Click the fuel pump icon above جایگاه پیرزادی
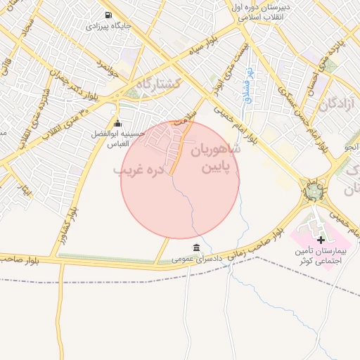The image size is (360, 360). [x=108, y=15]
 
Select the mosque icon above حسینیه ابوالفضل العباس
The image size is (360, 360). [x=117, y=124]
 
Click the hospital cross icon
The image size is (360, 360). [x=321, y=240]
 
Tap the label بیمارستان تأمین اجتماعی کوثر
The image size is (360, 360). [x=322, y=257]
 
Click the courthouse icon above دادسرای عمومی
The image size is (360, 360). [x=196, y=247]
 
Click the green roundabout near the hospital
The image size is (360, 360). [x=314, y=190]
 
